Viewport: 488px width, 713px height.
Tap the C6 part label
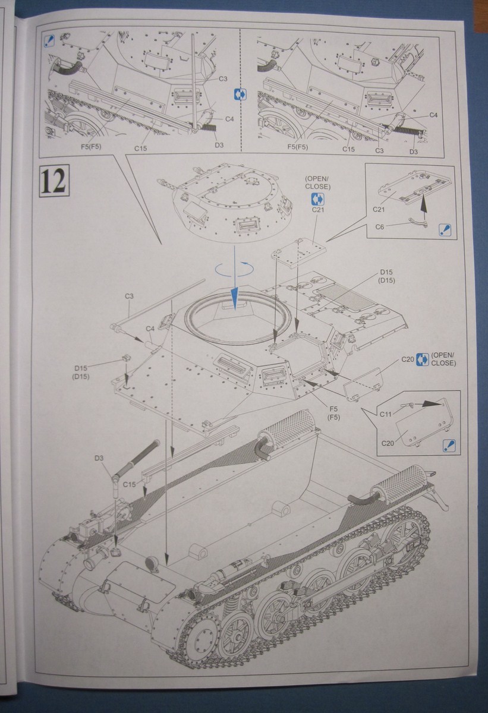point(380,226)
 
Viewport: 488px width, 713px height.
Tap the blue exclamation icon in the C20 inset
point(449,445)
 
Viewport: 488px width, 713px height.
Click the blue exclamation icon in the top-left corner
point(51,40)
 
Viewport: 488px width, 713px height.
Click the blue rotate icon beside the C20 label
point(423,358)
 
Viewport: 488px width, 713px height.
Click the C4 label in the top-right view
point(432,115)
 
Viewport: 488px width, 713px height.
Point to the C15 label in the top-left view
point(140,147)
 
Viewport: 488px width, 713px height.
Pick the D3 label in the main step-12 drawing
point(99,458)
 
